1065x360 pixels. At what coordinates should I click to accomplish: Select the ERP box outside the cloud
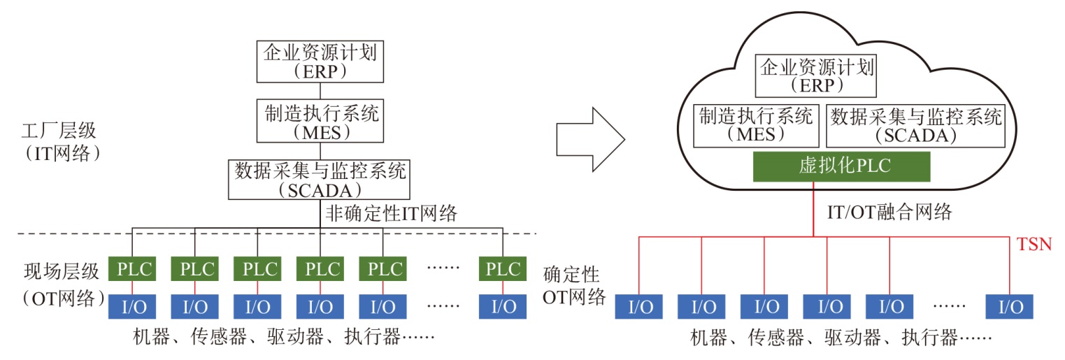[320, 61]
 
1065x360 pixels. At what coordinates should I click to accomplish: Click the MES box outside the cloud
[320, 120]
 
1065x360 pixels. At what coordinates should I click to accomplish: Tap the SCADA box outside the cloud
[320, 179]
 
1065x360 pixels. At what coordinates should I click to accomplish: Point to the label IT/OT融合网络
[887, 213]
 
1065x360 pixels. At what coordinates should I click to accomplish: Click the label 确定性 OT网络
[573, 285]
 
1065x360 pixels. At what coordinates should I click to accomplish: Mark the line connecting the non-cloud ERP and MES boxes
[320, 90]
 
